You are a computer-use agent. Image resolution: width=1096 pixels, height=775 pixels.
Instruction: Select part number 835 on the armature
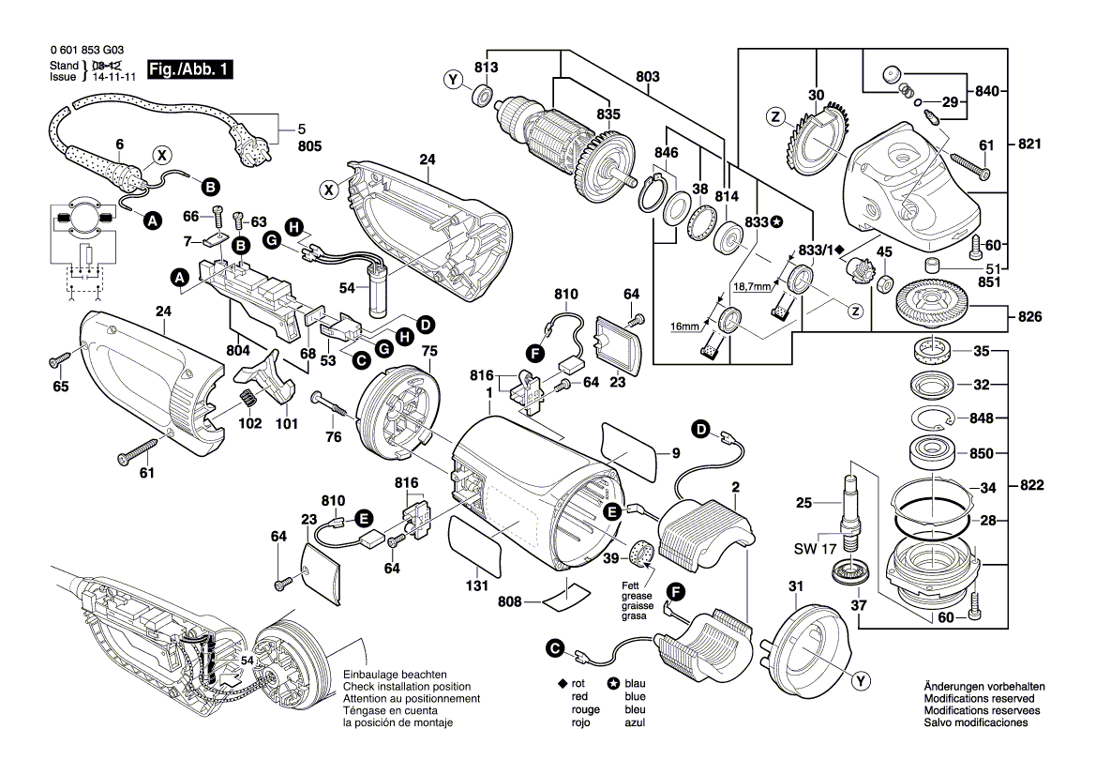[608, 114]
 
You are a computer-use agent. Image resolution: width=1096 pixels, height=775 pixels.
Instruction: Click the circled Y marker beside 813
[455, 81]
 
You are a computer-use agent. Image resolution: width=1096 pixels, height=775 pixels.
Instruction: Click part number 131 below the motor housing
[477, 586]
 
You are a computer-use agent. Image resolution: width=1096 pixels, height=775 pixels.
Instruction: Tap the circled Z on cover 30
[774, 117]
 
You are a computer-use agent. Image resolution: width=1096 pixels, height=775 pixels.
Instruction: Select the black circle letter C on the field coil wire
[555, 648]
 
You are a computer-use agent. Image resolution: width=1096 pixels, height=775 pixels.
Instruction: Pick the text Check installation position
[399, 687]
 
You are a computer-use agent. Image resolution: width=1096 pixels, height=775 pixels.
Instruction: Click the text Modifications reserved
[979, 699]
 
